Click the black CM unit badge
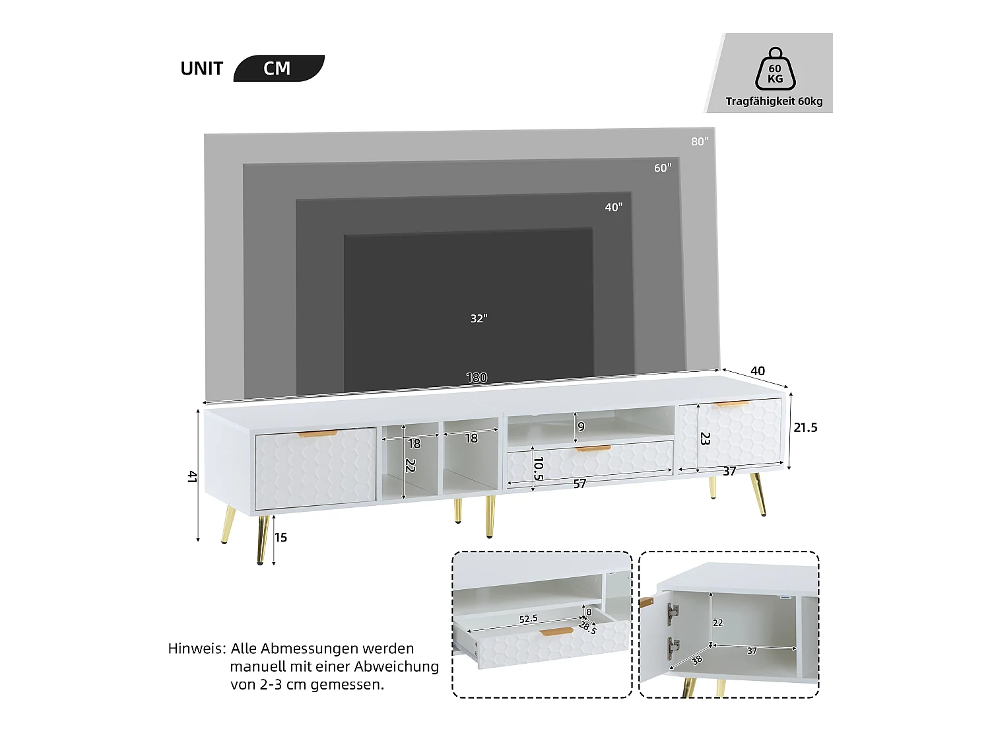pyautogui.click(x=278, y=69)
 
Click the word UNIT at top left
pyautogui.click(x=201, y=69)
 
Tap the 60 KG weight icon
pyautogui.click(x=775, y=70)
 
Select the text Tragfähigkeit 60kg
pyautogui.click(x=774, y=102)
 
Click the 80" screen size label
pyautogui.click(x=700, y=141)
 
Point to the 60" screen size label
pyautogui.click(x=663, y=168)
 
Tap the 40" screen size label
pyautogui.click(x=613, y=207)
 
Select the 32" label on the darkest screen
pyautogui.click(x=478, y=318)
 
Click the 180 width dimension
pyautogui.click(x=477, y=378)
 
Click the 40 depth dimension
pyautogui.click(x=758, y=371)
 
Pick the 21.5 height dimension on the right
pyautogui.click(x=805, y=428)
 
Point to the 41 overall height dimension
pyautogui.click(x=192, y=476)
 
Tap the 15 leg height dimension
pyautogui.click(x=280, y=538)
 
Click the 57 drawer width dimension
pyautogui.click(x=579, y=484)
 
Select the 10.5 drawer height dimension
pyautogui.click(x=538, y=468)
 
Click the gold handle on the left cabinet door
pyautogui.click(x=317, y=434)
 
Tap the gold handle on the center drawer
pyautogui.click(x=593, y=449)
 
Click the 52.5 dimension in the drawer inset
pyautogui.click(x=528, y=619)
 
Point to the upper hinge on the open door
pyautogui.click(x=672, y=614)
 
